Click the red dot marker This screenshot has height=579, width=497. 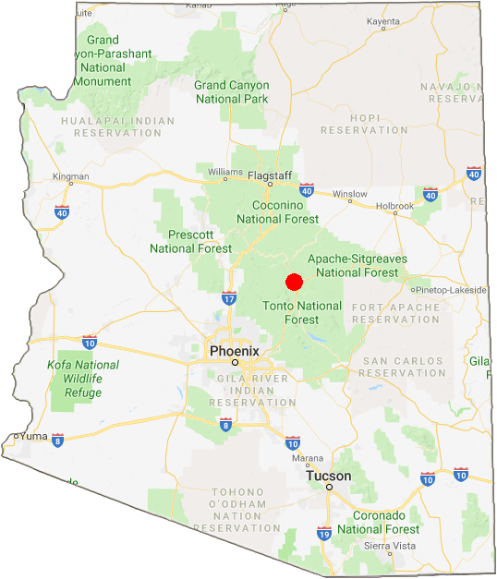pos(295,282)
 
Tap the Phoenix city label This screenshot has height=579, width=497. pos(235,352)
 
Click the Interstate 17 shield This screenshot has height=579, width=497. pos(229,298)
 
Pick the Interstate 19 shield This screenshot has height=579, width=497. pos(324,534)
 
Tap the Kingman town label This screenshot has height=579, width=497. pos(71,176)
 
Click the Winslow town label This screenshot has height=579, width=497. pos(350,194)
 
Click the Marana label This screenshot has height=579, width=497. pos(308,457)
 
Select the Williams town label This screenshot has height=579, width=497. pos(225,172)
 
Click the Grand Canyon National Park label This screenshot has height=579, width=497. pos(231,91)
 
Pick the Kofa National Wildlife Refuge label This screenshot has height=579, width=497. pos(83,379)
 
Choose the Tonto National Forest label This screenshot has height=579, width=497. pos(302,312)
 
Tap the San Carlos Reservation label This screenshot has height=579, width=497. pos(403,367)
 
